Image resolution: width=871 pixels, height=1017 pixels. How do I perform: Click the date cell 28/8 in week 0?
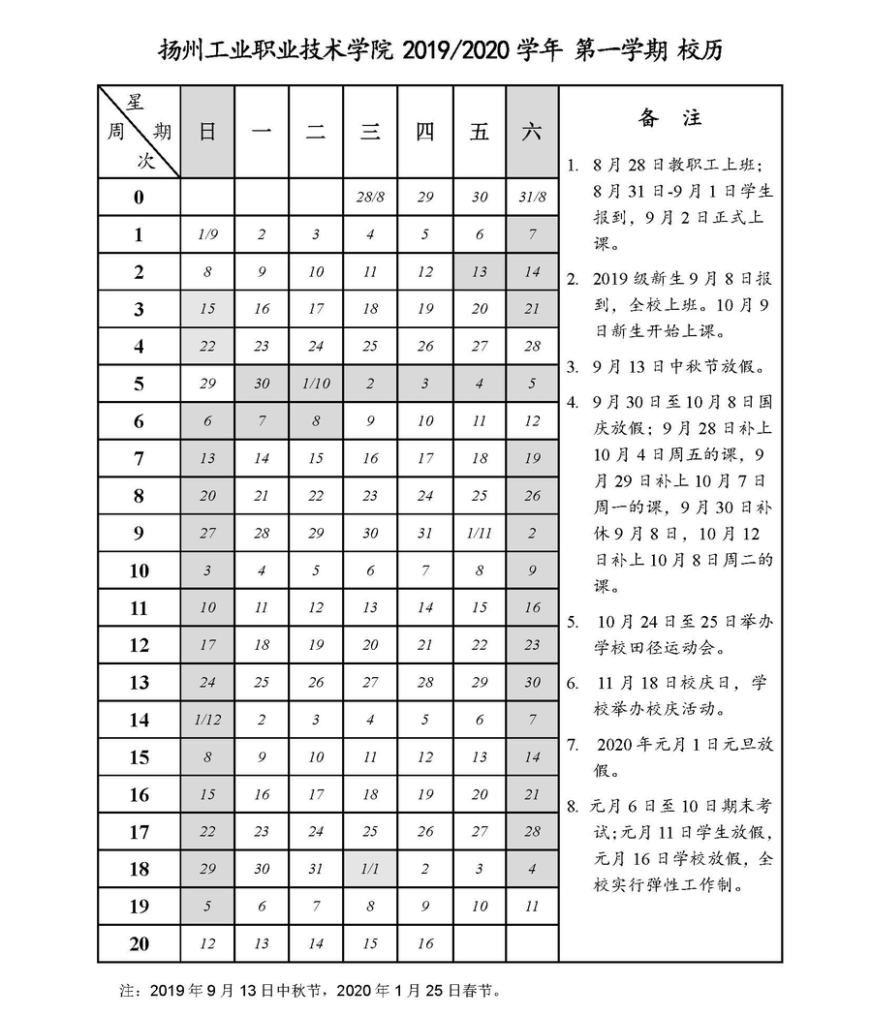click(370, 198)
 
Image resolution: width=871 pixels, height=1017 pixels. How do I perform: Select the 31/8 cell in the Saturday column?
click(532, 198)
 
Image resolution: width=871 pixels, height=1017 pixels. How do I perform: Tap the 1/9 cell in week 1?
click(207, 234)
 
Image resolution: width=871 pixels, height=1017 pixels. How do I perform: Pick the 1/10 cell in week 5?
click(316, 384)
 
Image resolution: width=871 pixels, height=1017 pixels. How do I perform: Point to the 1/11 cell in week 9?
click(479, 534)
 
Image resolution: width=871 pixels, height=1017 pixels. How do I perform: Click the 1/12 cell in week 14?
click(207, 720)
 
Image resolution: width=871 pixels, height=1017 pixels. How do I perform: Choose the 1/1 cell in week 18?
click(370, 869)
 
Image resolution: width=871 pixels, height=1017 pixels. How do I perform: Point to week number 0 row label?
click(139, 198)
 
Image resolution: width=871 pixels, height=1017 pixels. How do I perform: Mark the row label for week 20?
click(139, 943)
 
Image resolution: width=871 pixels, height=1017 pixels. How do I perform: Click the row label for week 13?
click(139, 683)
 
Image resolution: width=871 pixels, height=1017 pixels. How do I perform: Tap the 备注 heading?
click(669, 119)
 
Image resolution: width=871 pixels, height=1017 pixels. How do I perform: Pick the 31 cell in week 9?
click(424, 534)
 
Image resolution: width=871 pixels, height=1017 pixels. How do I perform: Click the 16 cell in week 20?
click(424, 943)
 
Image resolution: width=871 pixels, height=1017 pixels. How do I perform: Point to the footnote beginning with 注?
click(310, 991)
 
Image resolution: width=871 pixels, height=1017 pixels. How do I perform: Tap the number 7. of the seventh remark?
click(573, 745)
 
